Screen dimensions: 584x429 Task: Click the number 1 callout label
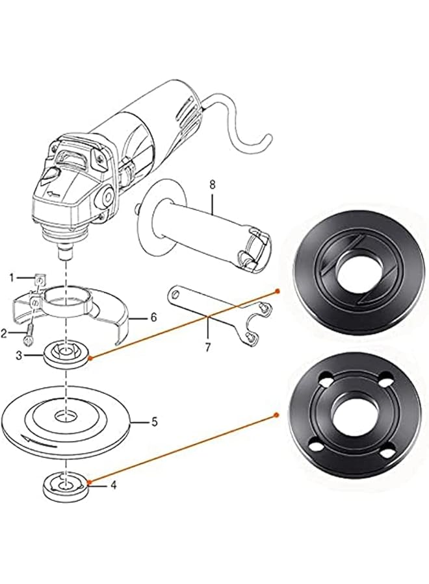pos(11,278)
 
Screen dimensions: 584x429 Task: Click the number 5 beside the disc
pos(154,421)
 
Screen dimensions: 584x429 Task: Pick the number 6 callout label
pos(153,317)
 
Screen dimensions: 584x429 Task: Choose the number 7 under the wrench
pos(208,347)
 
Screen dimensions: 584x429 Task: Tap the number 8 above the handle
pos(212,186)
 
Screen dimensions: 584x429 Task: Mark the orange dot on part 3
pos(92,358)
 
